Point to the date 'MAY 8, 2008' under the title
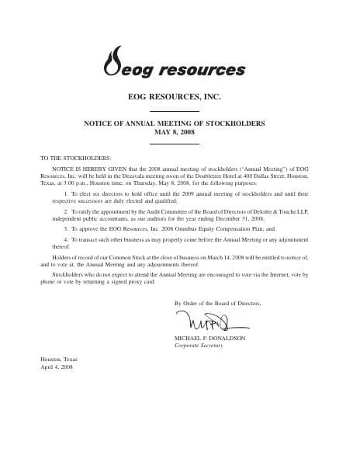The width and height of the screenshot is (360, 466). point(179,132)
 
